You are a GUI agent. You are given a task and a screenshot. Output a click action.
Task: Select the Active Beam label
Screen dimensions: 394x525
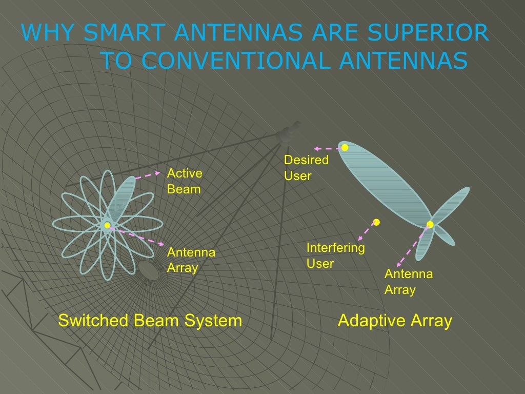point(185,181)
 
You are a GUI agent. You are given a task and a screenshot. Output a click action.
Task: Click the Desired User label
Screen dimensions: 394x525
point(306,168)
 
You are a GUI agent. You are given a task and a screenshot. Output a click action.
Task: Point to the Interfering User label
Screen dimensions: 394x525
point(335,256)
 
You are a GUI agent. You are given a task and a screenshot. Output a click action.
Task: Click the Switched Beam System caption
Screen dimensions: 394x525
point(150,321)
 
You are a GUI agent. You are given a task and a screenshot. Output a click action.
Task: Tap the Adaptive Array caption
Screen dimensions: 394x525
point(395,321)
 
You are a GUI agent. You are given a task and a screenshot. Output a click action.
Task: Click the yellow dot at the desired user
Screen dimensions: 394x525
point(345,148)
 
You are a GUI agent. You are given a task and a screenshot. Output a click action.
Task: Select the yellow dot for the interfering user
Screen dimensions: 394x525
point(376,222)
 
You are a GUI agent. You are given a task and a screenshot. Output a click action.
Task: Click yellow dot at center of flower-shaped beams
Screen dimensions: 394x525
point(107,225)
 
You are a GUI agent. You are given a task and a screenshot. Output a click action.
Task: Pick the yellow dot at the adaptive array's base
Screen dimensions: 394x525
point(430,224)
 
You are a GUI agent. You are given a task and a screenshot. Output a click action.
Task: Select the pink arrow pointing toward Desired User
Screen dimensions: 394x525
point(328,148)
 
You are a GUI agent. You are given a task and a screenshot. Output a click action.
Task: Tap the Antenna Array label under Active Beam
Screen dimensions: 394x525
point(191,260)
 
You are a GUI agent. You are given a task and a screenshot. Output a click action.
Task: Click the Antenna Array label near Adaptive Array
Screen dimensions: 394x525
point(409,282)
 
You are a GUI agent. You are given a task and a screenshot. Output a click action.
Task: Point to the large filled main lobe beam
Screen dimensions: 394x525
point(385,185)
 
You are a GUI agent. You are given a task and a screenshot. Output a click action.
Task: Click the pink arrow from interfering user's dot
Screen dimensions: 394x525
point(367,232)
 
